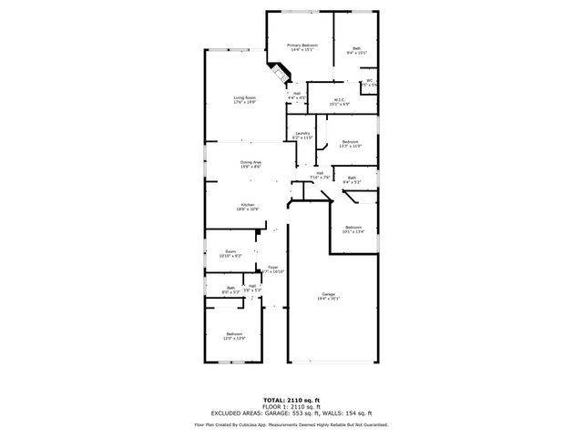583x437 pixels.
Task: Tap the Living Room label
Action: click(244, 100)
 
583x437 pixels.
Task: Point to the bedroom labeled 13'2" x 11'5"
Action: click(351, 143)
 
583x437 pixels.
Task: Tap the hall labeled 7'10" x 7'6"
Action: click(320, 175)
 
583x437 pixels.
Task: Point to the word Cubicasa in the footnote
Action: click(257, 424)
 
